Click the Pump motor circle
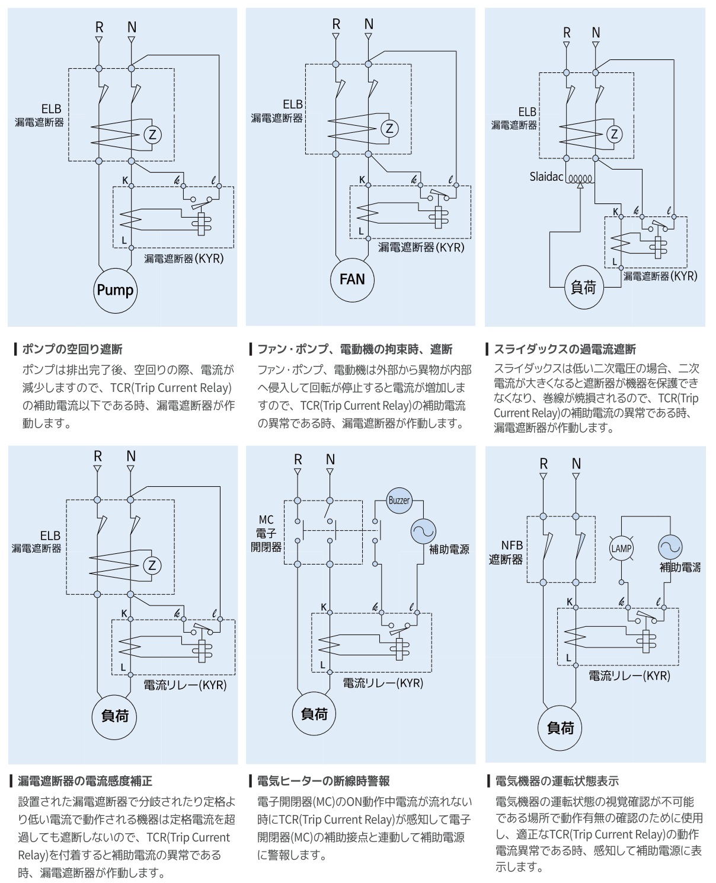(116, 290)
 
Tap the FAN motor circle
(352, 279)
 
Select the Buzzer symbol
(399, 501)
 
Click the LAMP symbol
(621, 549)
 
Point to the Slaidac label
(546, 177)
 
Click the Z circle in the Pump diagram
(152, 135)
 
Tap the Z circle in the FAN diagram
(389, 128)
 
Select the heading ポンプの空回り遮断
(72, 349)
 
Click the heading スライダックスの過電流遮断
(564, 349)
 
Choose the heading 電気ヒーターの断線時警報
(323, 780)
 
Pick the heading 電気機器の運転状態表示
(557, 780)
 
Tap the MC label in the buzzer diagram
(266, 520)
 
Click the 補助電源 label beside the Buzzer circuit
(449, 549)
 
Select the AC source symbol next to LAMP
(670, 547)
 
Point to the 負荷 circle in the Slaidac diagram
(583, 288)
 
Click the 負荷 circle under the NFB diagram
(560, 728)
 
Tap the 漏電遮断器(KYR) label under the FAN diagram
(421, 247)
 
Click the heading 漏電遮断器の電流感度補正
(85, 780)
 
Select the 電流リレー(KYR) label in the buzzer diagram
(383, 683)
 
